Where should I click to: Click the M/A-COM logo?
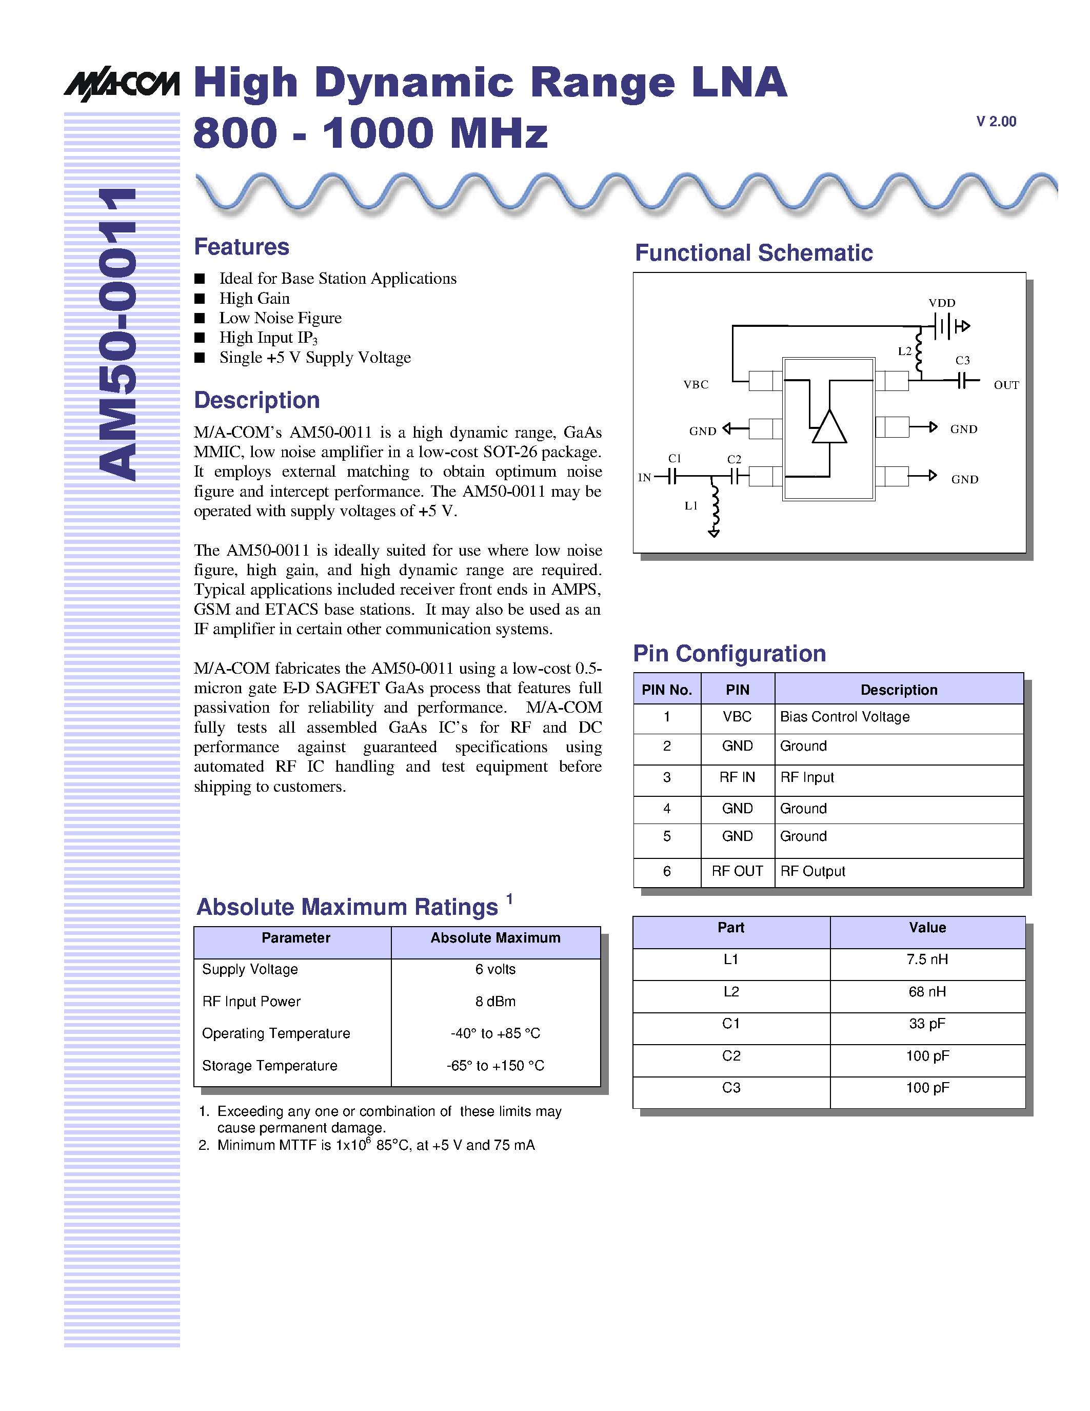(x=122, y=84)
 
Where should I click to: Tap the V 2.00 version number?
(x=996, y=122)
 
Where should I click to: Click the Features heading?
(x=242, y=247)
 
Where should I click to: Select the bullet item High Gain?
(x=254, y=299)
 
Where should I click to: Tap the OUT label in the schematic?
(x=1005, y=385)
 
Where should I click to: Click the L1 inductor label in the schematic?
(x=691, y=506)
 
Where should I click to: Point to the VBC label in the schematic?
(x=696, y=384)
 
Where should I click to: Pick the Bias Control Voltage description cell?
(x=845, y=716)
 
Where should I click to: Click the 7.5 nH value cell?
(x=927, y=959)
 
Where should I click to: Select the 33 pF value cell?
(x=927, y=1024)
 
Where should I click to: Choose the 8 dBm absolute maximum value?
(x=496, y=1002)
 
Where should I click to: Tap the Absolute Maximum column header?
(x=496, y=938)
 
